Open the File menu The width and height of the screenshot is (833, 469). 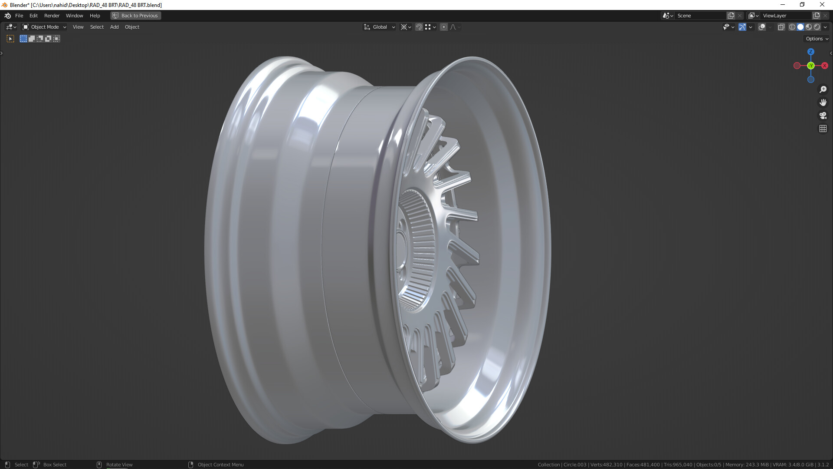[x=19, y=16]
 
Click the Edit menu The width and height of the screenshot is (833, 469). [x=33, y=16]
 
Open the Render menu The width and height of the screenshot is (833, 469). [x=52, y=16]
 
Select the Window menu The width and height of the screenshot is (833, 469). [x=74, y=16]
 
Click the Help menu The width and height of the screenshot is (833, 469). [x=95, y=16]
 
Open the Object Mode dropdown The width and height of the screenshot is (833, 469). [x=44, y=27]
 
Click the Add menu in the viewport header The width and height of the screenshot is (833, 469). [x=114, y=27]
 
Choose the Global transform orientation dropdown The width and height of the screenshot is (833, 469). [x=380, y=27]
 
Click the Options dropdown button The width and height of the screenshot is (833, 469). [x=817, y=39]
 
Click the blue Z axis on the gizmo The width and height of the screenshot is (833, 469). [x=810, y=52]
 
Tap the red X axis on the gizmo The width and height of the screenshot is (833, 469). [x=824, y=66]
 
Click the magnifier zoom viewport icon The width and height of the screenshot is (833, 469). [x=823, y=89]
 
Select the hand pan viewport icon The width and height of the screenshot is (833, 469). [x=823, y=102]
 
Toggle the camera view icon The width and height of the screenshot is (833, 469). [x=823, y=116]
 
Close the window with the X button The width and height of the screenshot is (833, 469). [x=822, y=5]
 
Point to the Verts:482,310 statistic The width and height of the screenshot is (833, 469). [x=607, y=465]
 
